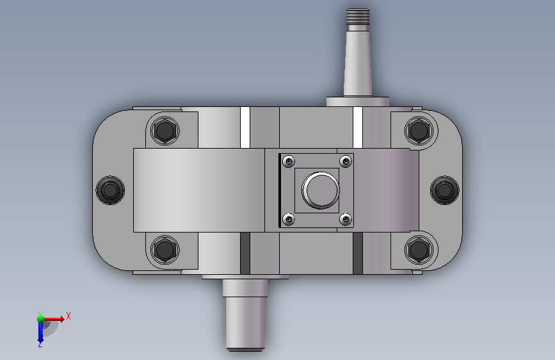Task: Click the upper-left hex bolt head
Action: [165, 131]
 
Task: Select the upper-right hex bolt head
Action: [419, 131]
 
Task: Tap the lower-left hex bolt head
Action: [165, 249]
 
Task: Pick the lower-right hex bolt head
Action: [419, 249]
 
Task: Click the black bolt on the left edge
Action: [110, 190]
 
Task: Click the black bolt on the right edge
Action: [444, 190]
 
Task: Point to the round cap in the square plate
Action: [321, 190]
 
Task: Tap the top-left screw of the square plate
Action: [289, 161]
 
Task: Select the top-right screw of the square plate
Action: [346, 161]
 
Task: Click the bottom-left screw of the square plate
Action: [289, 219]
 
